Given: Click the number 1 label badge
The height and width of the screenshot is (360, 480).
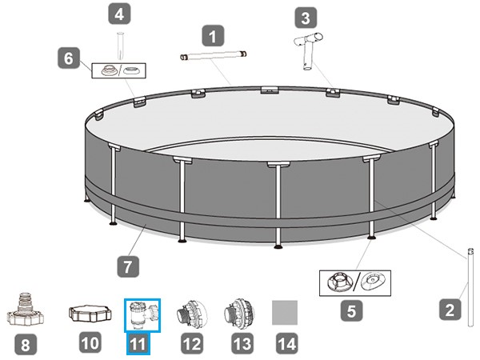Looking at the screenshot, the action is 213,36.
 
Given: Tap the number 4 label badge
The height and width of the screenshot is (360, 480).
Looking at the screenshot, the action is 120,14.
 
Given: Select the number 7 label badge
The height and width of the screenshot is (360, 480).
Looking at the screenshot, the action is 128,266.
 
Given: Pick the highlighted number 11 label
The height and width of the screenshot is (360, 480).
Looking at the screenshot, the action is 138,343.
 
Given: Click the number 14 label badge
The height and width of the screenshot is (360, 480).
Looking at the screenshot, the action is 287,343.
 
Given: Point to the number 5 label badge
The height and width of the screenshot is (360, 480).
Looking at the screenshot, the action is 352,310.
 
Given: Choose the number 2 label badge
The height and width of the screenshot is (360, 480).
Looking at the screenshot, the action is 450,310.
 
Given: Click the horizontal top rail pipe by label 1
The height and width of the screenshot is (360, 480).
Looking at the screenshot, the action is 213,56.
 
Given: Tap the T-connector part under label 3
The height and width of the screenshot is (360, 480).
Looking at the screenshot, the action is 308,50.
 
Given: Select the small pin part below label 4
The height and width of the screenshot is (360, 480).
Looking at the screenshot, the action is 120,46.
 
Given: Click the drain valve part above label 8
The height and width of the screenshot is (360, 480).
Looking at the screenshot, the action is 26,309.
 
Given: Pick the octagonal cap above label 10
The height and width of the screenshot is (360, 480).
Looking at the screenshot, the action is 90,313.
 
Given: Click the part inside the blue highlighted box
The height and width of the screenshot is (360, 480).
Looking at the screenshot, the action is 143,315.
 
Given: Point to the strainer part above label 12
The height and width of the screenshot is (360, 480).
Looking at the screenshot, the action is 192,314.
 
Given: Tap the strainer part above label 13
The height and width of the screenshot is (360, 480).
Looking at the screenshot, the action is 239,314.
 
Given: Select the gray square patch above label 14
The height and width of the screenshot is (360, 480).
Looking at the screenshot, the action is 285,313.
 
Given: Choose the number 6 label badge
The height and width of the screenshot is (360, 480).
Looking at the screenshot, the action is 69,58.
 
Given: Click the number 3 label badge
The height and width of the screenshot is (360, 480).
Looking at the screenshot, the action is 306,18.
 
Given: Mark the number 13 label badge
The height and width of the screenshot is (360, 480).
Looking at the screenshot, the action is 242,343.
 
